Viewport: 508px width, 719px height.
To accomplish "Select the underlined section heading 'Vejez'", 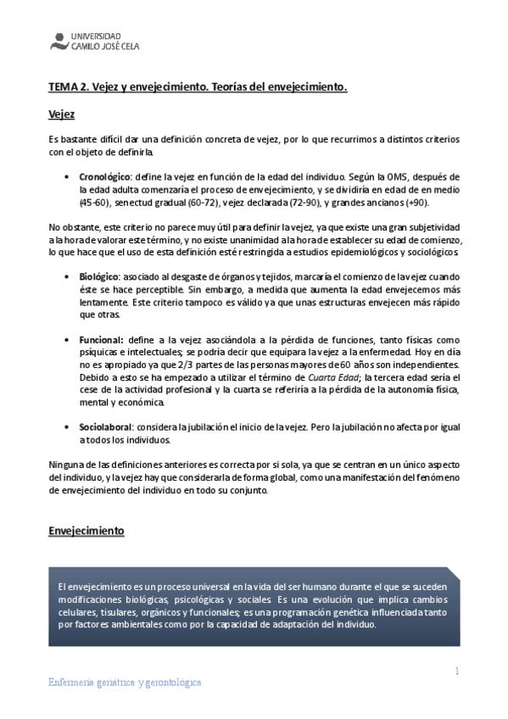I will tap(62, 114).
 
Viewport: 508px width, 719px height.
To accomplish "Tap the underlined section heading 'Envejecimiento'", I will tap(87, 531).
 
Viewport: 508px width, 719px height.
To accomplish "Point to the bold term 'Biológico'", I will tap(99, 277).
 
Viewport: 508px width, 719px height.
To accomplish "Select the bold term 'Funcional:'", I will tap(102, 339).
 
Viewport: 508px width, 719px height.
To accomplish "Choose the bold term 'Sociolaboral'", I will tap(106, 427).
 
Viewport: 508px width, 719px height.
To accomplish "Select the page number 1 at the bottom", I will tap(456, 672).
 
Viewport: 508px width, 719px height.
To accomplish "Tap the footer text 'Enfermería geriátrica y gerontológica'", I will tap(124, 683).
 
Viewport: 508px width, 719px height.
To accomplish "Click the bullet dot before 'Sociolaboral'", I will tap(67, 427).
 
